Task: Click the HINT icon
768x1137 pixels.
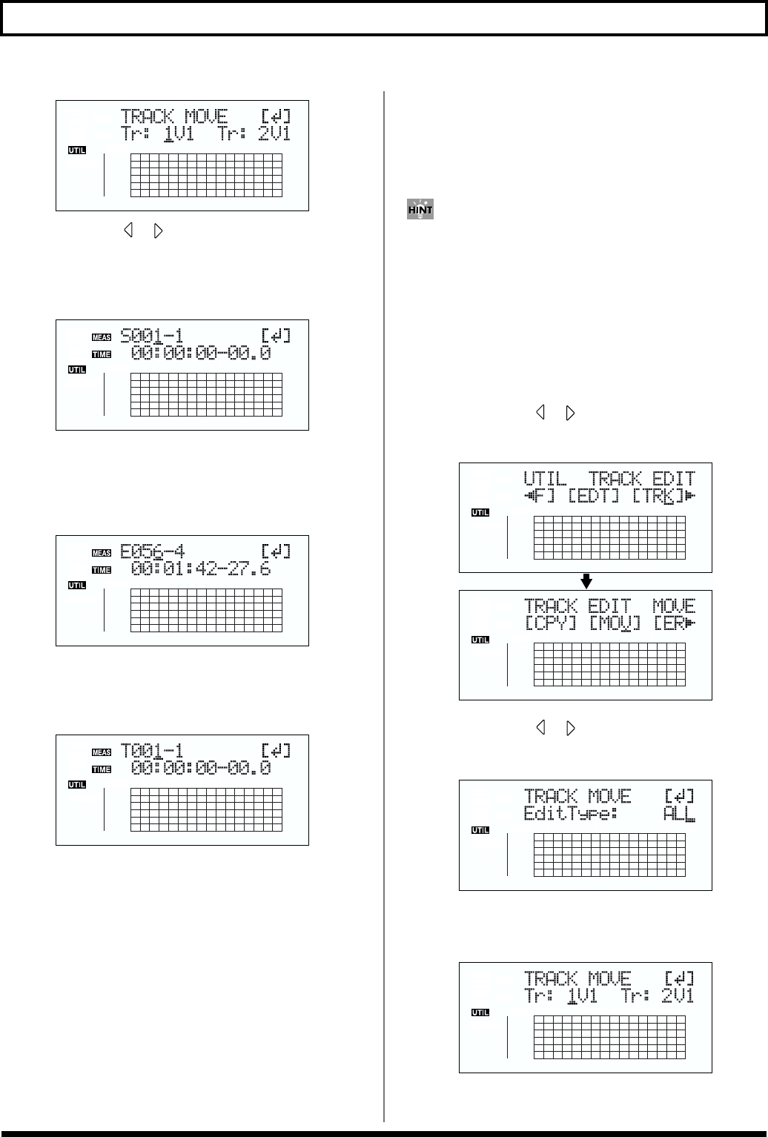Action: click(x=420, y=209)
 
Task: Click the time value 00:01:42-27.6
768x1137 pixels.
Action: click(x=201, y=569)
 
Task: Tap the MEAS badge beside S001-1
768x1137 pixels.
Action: click(x=102, y=337)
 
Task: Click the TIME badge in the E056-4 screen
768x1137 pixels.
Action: click(x=102, y=570)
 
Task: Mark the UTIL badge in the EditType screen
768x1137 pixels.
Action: click(x=480, y=830)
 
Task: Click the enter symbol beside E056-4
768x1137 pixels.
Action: click(x=277, y=551)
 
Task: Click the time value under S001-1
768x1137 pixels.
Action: click(x=201, y=354)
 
